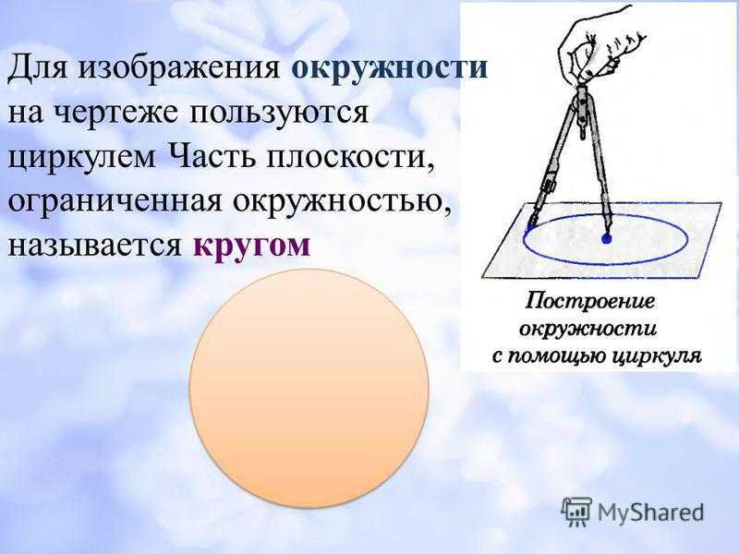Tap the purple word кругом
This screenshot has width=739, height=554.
[251, 247]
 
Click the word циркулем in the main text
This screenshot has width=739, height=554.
[82, 158]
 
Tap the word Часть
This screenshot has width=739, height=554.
[212, 156]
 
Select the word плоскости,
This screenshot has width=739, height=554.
[350, 158]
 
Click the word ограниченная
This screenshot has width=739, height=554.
[115, 202]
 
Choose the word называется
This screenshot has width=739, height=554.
[95, 246]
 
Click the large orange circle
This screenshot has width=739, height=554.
[309, 389]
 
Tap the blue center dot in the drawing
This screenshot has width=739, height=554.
[606, 239]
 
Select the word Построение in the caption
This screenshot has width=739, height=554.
[590, 301]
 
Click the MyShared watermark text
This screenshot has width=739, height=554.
[650, 512]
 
